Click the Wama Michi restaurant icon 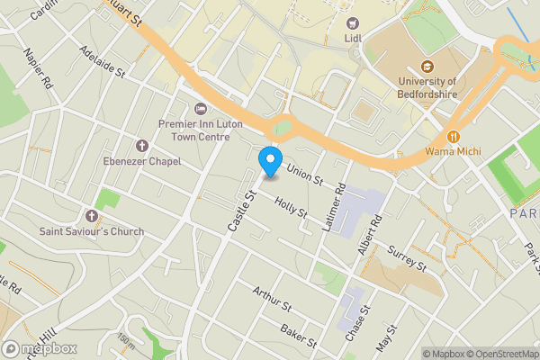click(454, 137)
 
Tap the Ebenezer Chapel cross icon click(140, 145)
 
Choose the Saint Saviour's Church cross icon click(91, 216)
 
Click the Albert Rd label click(370, 232)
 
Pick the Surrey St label click(406, 256)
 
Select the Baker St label click(299, 337)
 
